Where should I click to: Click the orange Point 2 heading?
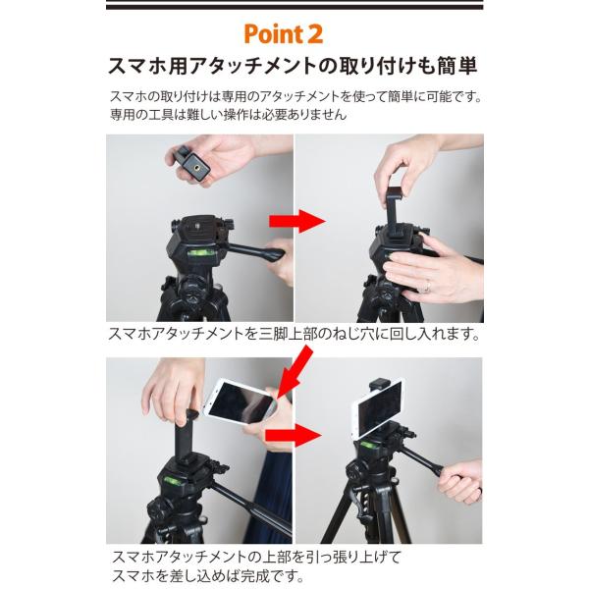284,34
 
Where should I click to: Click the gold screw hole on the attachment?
195,165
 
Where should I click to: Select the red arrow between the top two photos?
297,221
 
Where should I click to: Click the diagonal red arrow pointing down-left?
294,371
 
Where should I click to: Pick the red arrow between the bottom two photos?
294,436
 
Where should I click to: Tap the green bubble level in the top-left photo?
197,253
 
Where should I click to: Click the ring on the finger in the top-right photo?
428,287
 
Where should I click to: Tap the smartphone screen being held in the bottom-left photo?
241,402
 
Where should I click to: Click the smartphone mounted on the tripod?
376,408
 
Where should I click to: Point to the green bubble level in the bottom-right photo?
369,446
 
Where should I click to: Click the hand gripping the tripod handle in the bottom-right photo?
459,482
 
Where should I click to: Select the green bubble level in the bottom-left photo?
172,480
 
